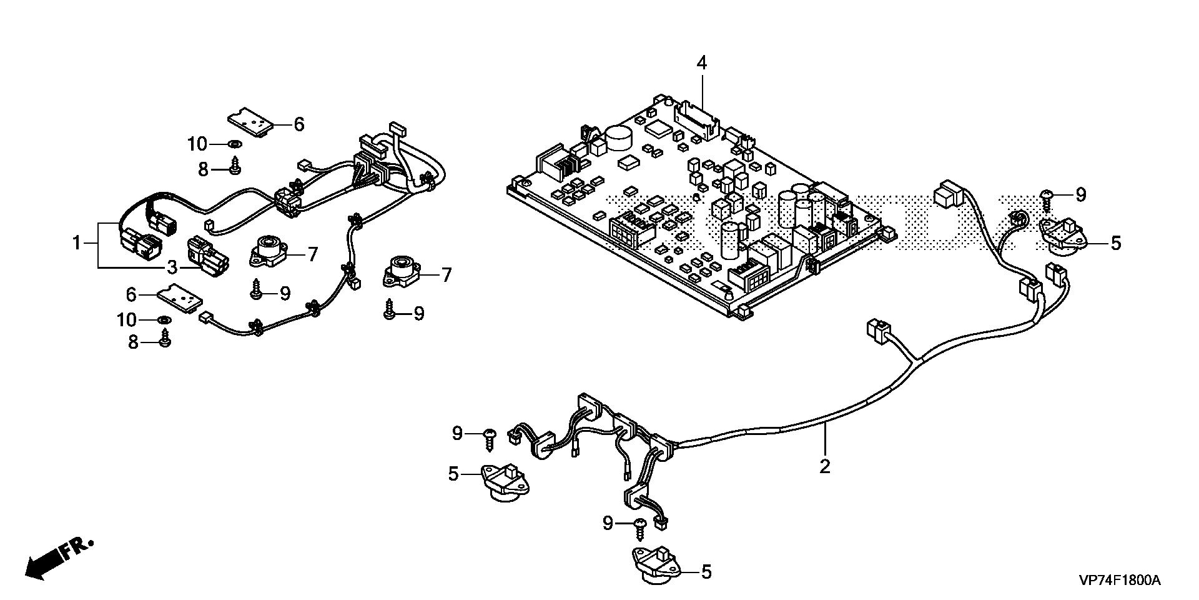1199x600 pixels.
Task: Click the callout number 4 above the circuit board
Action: click(x=702, y=63)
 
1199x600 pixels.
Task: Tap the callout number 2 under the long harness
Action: click(x=825, y=466)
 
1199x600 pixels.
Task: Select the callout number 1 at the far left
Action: click(x=77, y=242)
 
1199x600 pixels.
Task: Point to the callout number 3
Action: click(x=172, y=267)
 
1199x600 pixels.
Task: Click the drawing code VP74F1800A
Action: click(x=1119, y=581)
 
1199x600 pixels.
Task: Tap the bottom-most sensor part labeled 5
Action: click(x=657, y=564)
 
